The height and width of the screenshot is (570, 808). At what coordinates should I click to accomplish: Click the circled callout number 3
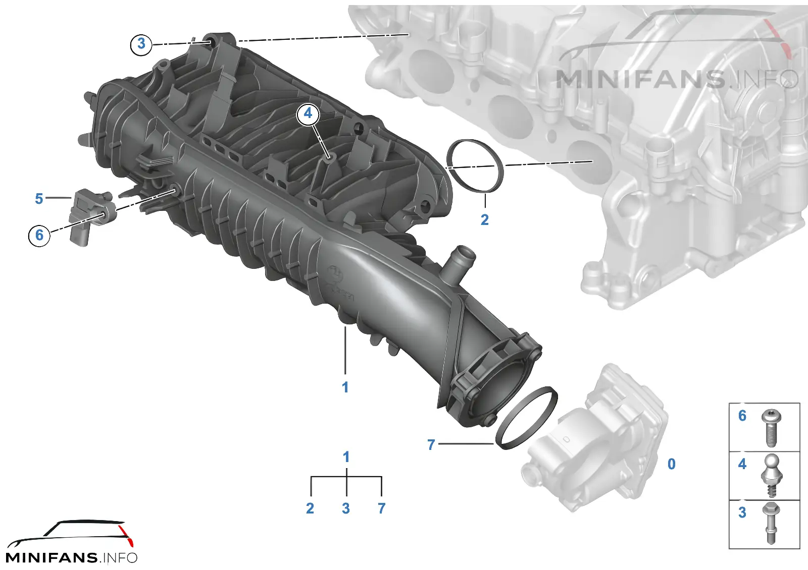141,44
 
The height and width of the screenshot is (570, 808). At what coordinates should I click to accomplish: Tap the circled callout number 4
308,114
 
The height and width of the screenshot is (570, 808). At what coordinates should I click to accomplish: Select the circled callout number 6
39,235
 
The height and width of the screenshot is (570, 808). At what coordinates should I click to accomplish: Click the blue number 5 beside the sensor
39,199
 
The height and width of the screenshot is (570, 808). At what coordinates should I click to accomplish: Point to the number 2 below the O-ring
485,220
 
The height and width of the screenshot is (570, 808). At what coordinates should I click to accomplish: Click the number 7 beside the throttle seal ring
431,445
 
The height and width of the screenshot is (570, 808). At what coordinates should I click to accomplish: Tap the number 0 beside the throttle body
671,464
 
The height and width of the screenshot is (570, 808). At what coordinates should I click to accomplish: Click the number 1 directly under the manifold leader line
345,388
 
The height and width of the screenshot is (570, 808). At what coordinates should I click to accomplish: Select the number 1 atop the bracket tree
346,457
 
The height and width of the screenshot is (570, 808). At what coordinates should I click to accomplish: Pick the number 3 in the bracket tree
346,508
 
